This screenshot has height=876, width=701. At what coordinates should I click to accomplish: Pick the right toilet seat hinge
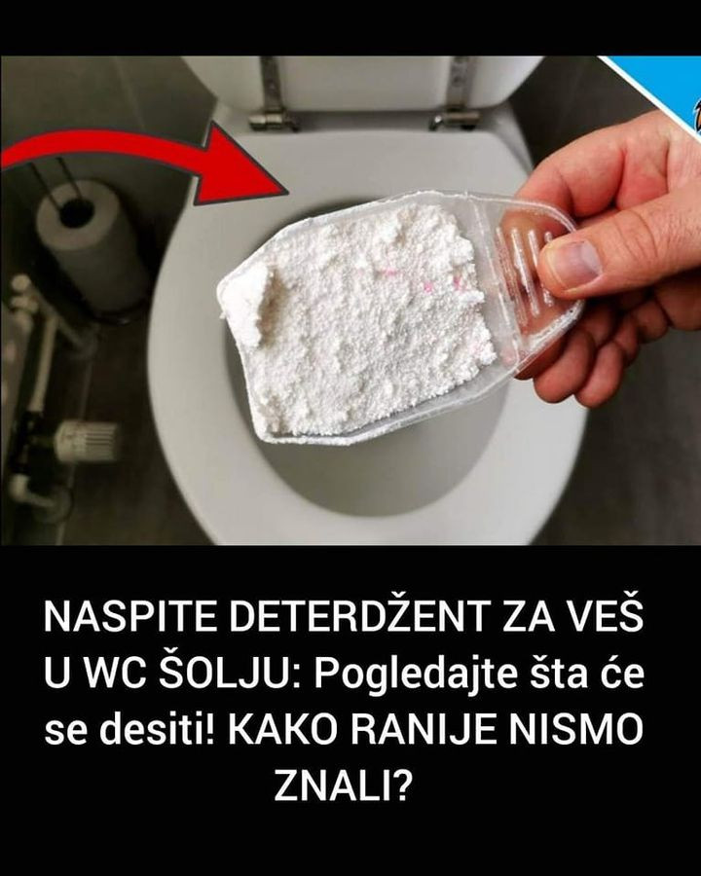[x=457, y=95]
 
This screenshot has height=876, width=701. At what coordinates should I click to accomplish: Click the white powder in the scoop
[x=357, y=318]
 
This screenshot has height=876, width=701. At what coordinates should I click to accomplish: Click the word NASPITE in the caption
[x=129, y=617]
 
